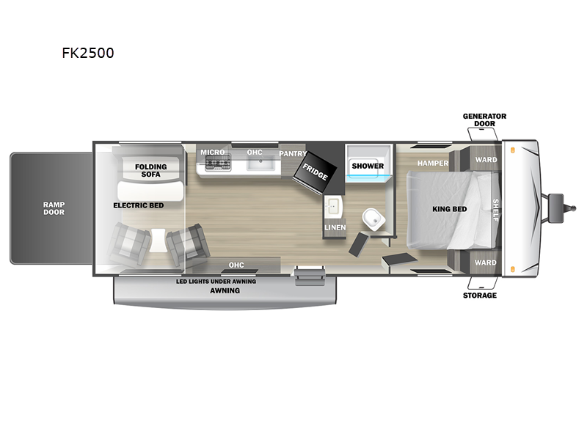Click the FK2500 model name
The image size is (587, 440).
pyautogui.click(x=88, y=53)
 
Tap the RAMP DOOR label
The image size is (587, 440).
pyautogui.click(x=54, y=208)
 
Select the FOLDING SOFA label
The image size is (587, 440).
pyautogui.click(x=151, y=171)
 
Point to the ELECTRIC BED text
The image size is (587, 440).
pyautogui.click(x=139, y=205)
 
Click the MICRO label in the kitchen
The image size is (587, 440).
pyautogui.click(x=213, y=153)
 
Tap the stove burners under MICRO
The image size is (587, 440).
pyautogui.click(x=217, y=163)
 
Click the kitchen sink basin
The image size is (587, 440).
pyautogui.click(x=260, y=163)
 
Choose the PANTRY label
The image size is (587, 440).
pyautogui.click(x=293, y=154)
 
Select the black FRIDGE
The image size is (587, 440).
pyautogui.click(x=315, y=172)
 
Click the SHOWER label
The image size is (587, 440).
pyautogui.click(x=368, y=166)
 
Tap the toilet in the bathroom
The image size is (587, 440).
pyautogui.click(x=373, y=219)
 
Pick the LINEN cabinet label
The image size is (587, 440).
pyautogui.click(x=335, y=227)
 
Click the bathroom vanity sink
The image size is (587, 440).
pyautogui.click(x=332, y=207)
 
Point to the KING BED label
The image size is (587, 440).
pyautogui.click(x=450, y=209)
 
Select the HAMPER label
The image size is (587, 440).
pyautogui.click(x=433, y=163)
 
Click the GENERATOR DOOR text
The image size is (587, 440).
pyautogui.click(x=484, y=120)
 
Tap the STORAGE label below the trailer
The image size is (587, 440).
pyautogui.click(x=480, y=296)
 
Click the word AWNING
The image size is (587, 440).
pyautogui.click(x=225, y=290)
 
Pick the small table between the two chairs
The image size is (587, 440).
pyautogui.click(x=158, y=241)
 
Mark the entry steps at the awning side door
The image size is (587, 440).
pyautogui.click(x=310, y=276)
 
